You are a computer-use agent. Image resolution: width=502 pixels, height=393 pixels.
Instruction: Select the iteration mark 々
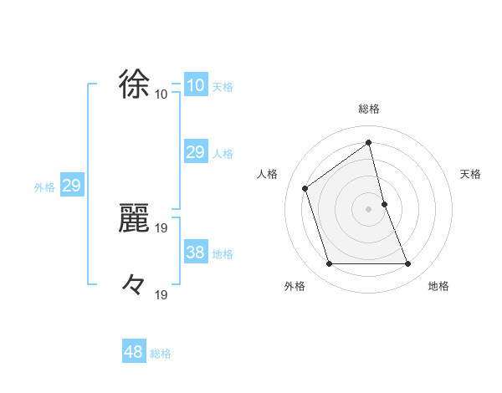pos(135,284)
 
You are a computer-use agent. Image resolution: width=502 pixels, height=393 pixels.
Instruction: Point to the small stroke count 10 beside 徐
pos(161,94)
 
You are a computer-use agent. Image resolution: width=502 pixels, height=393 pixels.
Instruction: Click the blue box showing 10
pos(195,85)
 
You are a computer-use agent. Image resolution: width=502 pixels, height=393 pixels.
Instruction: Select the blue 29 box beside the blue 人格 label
pos(195,152)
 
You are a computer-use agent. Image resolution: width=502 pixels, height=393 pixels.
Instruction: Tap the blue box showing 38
pos(195,253)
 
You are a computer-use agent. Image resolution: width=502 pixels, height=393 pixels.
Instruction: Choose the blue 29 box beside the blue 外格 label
pos(71,186)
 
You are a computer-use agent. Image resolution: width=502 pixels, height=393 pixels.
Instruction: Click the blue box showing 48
pos(134,352)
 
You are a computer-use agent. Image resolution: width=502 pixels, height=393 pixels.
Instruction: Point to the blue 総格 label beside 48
pos(161,354)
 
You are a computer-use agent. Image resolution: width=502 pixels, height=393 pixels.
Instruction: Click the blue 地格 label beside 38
pos(223,254)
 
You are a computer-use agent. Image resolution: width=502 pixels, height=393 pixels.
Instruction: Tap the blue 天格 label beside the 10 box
pos(223,87)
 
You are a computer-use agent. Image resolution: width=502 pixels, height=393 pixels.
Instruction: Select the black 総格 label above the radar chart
pos(368,109)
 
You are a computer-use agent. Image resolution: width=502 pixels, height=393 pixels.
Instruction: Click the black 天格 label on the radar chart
pos(471,174)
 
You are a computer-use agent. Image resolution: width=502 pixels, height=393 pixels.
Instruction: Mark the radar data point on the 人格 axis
pos(305,187)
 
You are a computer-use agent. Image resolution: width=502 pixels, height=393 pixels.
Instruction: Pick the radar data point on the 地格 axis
pos(407,264)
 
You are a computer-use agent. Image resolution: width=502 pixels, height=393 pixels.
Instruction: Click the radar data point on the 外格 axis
pos(329,264)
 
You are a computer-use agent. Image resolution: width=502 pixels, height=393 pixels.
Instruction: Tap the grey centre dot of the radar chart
pos(368,208)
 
